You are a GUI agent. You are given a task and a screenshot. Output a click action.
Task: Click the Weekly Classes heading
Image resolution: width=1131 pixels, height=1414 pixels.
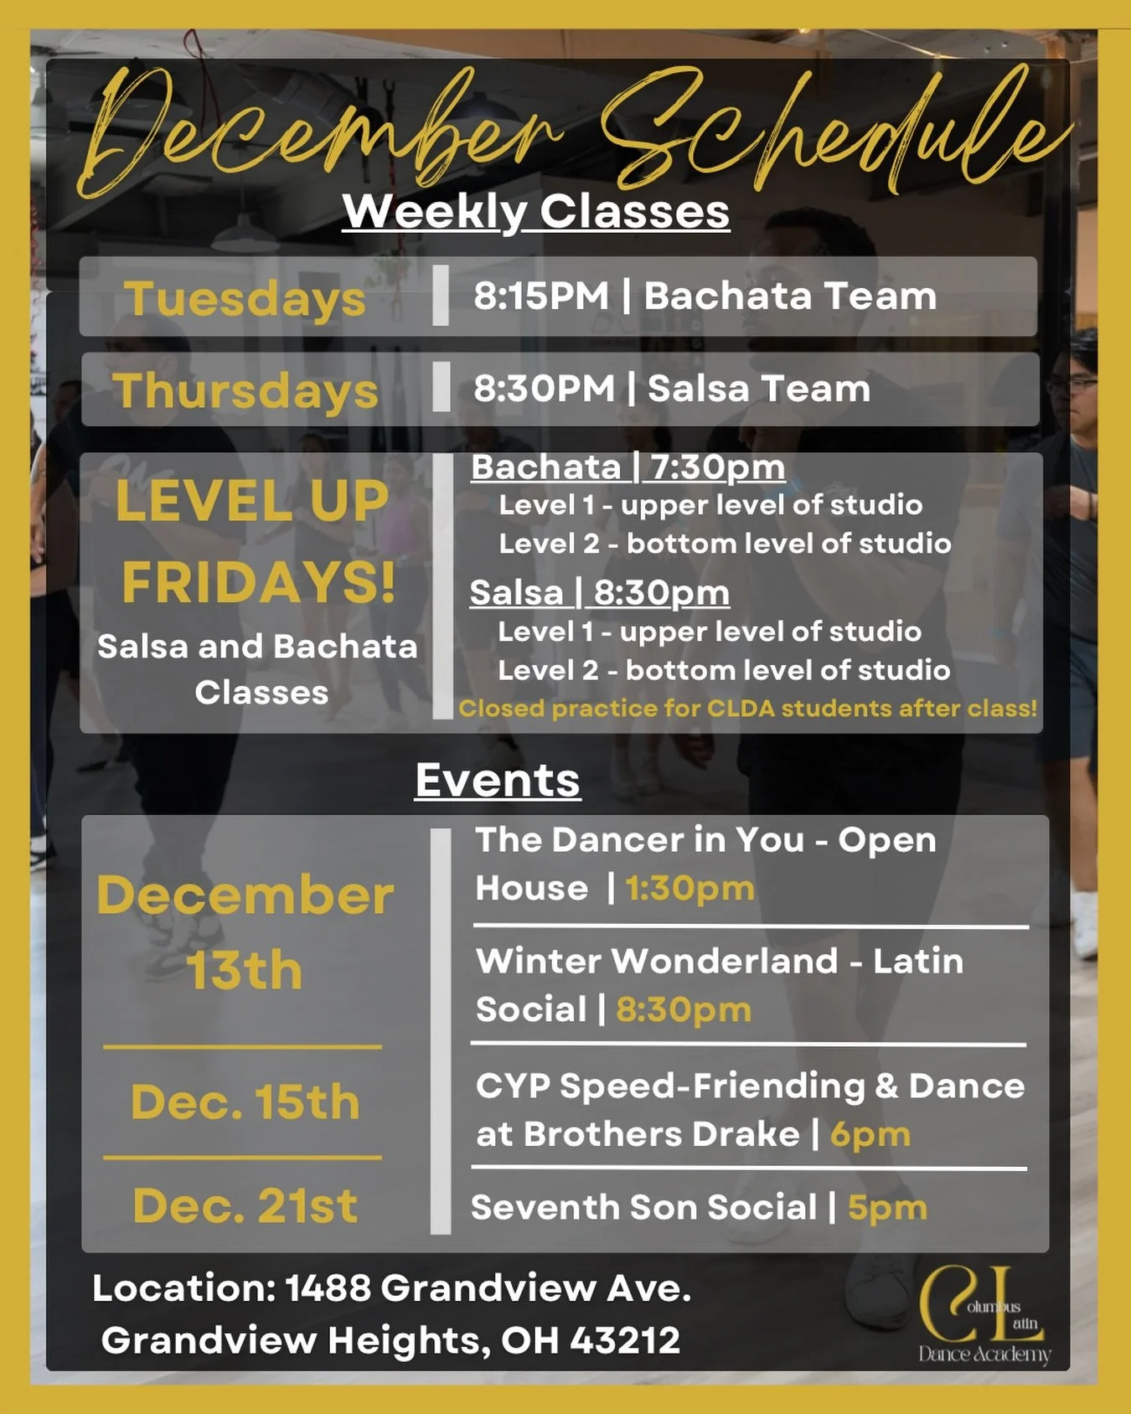pyautogui.click(x=536, y=212)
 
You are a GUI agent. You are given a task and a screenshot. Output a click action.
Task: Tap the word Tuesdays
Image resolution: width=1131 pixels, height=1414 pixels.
pyautogui.click(x=245, y=299)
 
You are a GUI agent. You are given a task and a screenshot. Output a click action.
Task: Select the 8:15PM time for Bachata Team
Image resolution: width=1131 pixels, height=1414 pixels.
pyautogui.click(x=541, y=297)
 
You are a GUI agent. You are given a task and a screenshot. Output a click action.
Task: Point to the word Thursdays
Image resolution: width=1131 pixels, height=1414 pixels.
pyautogui.click(x=245, y=391)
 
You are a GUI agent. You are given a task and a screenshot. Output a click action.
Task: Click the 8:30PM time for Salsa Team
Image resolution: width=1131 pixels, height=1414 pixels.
pyautogui.click(x=545, y=389)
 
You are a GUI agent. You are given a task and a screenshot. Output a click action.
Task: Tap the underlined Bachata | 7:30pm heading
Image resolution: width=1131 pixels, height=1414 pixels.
pyautogui.click(x=627, y=467)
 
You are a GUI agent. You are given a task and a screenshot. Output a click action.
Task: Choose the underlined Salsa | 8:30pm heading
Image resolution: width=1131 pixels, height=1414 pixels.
pyautogui.click(x=599, y=593)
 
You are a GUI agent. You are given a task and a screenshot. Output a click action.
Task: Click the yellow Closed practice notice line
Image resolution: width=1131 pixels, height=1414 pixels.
pyautogui.click(x=747, y=709)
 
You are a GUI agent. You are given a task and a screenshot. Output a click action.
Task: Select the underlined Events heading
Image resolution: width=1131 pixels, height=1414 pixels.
pyautogui.click(x=498, y=781)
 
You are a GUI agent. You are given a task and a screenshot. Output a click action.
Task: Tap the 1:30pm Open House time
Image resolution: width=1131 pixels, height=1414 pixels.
pyautogui.click(x=689, y=889)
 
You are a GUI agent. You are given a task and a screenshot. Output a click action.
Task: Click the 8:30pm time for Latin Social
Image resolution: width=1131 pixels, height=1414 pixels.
pyautogui.click(x=684, y=1010)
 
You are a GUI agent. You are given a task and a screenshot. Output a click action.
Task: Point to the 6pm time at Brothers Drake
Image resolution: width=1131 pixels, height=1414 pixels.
pyautogui.click(x=870, y=1135)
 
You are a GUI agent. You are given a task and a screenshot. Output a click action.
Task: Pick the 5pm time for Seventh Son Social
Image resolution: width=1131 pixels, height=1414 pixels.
pyautogui.click(x=887, y=1208)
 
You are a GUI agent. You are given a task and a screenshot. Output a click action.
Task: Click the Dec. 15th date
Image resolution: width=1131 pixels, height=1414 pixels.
pyautogui.click(x=245, y=1102)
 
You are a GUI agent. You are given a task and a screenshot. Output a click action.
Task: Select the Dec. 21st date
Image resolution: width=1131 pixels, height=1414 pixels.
pyautogui.click(x=245, y=1206)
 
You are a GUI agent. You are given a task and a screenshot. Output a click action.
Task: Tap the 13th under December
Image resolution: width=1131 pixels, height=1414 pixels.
pyautogui.click(x=244, y=971)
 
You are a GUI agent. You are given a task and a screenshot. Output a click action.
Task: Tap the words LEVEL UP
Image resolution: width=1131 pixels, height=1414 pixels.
pyautogui.click(x=252, y=501)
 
